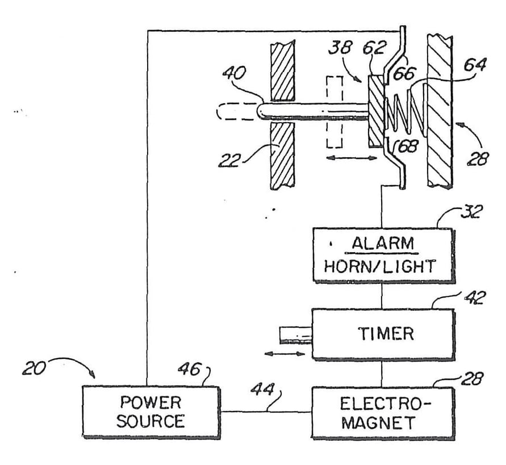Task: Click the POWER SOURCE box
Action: coord(151,412)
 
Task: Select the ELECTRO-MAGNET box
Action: coord(382,413)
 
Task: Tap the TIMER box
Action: coord(382,333)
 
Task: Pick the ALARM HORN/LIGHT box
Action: coord(382,254)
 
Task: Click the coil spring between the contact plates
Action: coord(402,112)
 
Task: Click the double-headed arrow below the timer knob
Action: coord(285,354)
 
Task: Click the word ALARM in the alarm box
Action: coord(382,244)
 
